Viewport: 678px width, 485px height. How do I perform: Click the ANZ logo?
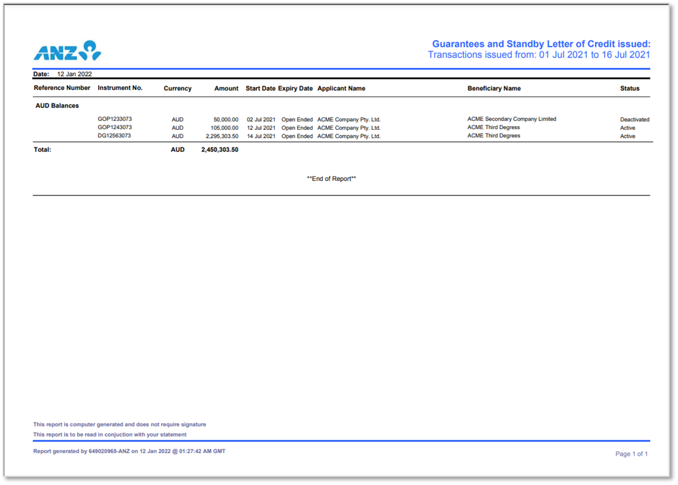click(x=67, y=51)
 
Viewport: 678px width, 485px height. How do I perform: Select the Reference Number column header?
click(x=62, y=88)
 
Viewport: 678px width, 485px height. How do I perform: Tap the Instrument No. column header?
click(x=120, y=88)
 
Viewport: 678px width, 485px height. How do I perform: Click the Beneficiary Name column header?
click(x=494, y=89)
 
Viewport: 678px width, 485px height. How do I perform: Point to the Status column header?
click(x=629, y=89)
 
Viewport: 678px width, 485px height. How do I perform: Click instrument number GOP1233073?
click(x=114, y=119)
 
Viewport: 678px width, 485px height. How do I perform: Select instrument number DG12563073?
click(x=114, y=135)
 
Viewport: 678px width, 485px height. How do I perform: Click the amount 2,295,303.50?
click(x=222, y=136)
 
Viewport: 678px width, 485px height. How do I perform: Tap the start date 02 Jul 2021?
click(x=261, y=119)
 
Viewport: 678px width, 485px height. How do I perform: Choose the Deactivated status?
click(x=634, y=119)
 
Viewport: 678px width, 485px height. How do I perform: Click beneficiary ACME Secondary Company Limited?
click(x=511, y=119)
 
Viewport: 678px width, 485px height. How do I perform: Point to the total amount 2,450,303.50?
click(x=220, y=150)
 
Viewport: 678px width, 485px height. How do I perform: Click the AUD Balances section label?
click(x=57, y=105)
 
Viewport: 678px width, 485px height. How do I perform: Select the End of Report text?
click(x=332, y=179)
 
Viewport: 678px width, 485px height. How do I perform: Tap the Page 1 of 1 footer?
click(x=631, y=454)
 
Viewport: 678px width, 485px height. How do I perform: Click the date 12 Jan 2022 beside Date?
click(x=74, y=74)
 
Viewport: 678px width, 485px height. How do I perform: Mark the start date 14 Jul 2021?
click(x=261, y=136)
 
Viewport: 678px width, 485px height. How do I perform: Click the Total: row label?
click(x=42, y=150)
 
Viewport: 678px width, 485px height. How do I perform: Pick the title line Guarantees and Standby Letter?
click(x=541, y=44)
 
